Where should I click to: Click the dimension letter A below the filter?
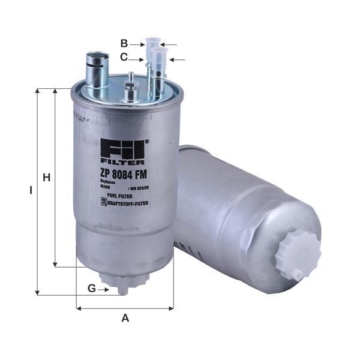point(125,319)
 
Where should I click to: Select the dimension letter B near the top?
point(124,43)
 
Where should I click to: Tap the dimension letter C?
point(124,58)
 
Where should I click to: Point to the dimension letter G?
point(92,289)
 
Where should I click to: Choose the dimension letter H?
point(45,178)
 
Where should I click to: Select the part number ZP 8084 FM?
point(124,174)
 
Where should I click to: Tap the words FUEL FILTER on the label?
point(116,196)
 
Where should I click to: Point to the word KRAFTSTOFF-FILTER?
point(128,204)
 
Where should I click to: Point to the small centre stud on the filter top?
point(131,90)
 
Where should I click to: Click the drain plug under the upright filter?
point(123,283)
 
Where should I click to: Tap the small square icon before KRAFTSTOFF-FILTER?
point(102,204)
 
